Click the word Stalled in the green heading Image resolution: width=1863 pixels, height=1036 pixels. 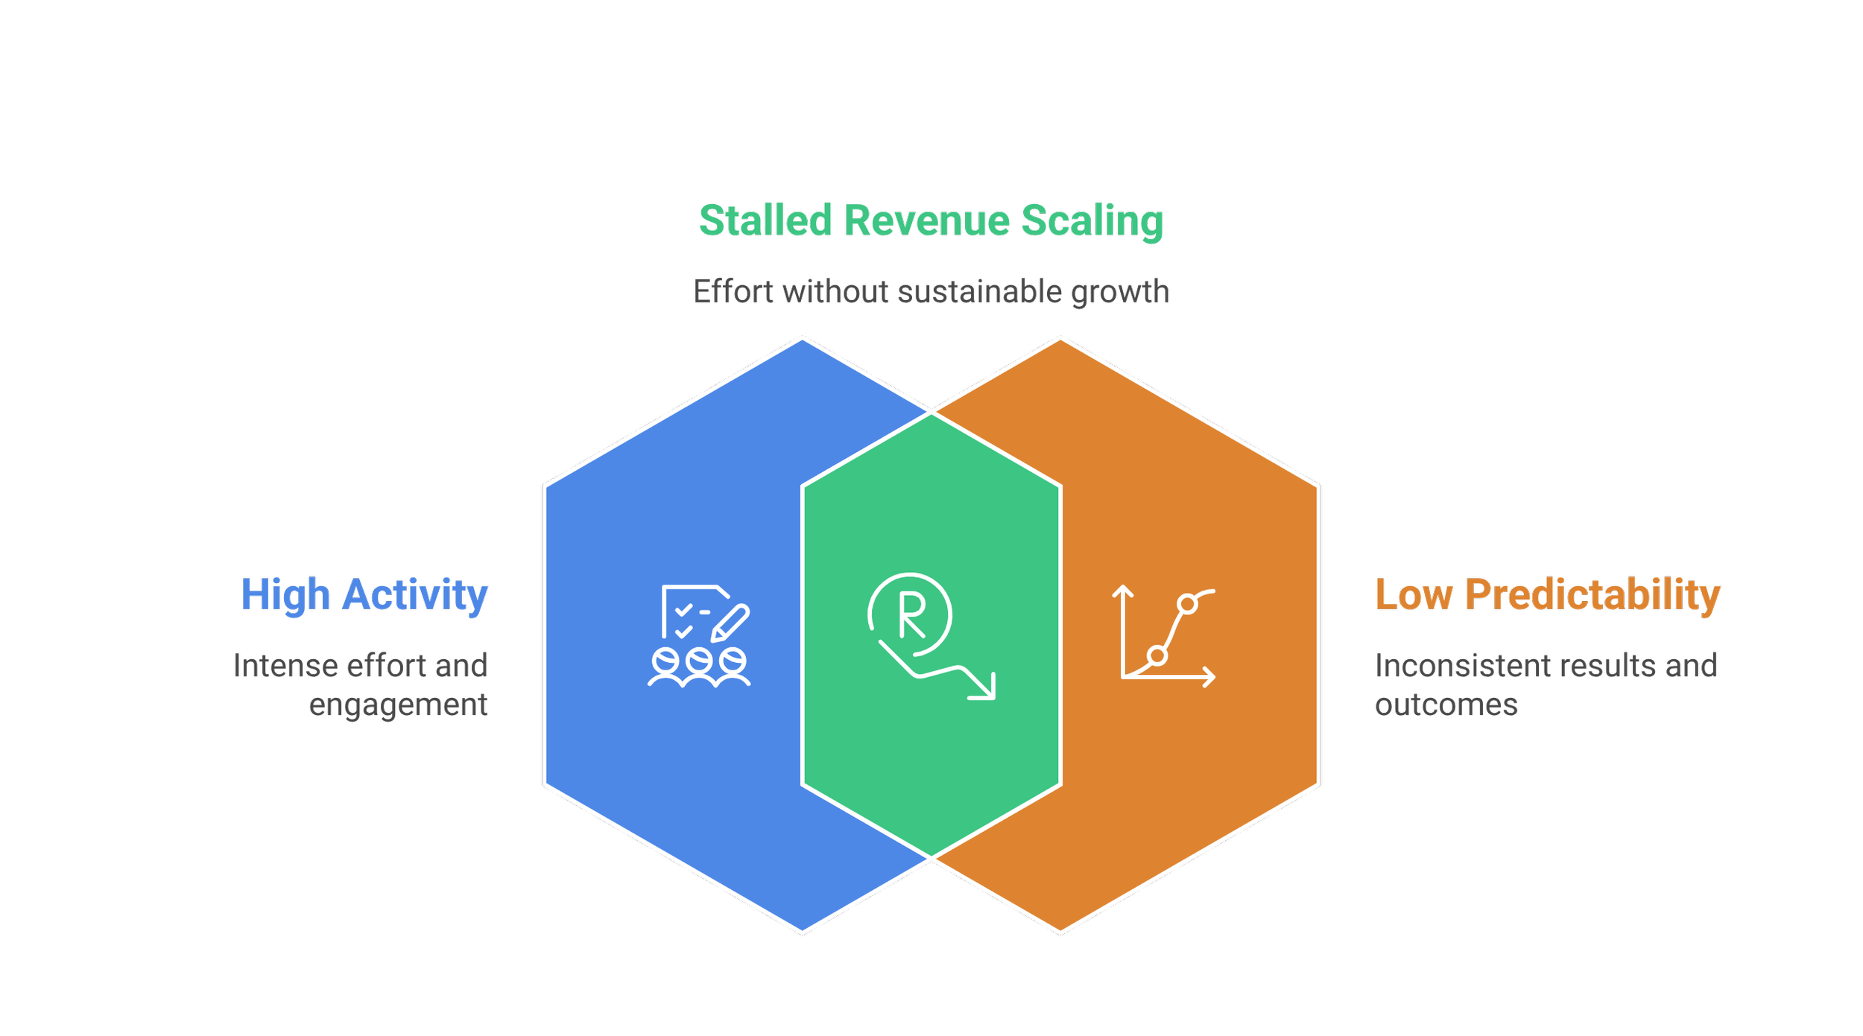(x=765, y=221)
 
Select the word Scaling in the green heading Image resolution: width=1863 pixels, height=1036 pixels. (x=1092, y=221)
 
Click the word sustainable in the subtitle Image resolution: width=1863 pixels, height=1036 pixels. (x=979, y=292)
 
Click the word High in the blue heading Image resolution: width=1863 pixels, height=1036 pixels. (x=285, y=595)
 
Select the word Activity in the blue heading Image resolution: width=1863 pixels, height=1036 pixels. (x=415, y=595)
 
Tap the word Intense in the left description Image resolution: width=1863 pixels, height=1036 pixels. (x=285, y=666)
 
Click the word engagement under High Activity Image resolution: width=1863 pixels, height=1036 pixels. (x=398, y=705)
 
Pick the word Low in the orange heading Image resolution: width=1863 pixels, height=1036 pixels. (x=1414, y=595)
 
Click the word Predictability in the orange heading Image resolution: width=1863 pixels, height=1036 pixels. (x=1593, y=595)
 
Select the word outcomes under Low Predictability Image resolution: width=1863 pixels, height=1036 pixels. (x=1446, y=705)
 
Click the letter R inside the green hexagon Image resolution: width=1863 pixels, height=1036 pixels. (x=911, y=615)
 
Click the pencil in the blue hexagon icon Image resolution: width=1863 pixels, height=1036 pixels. (x=730, y=623)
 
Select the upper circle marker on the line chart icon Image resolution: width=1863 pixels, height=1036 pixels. (x=1188, y=604)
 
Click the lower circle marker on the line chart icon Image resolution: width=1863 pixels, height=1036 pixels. (x=1157, y=656)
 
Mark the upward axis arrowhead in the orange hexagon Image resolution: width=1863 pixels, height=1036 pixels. (x=1123, y=592)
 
